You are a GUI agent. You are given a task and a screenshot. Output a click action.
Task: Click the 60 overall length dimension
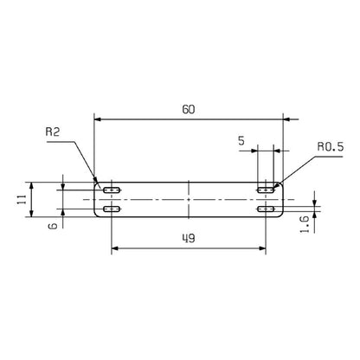point(189,110)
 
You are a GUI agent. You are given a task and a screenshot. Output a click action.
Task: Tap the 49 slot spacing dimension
point(189,238)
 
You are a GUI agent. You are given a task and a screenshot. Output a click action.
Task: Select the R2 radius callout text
point(53,132)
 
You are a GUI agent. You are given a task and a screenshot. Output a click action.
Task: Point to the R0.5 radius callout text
point(331,147)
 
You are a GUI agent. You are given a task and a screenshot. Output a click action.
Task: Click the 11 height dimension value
point(22,199)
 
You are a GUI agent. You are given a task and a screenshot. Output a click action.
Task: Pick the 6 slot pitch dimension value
point(53,225)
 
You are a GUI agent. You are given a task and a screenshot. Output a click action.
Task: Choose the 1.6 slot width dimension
point(305,224)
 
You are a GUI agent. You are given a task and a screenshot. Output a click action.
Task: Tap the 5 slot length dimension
point(241,141)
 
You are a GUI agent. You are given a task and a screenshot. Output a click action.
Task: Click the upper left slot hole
point(112,190)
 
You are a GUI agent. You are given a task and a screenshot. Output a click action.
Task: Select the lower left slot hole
point(112,209)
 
